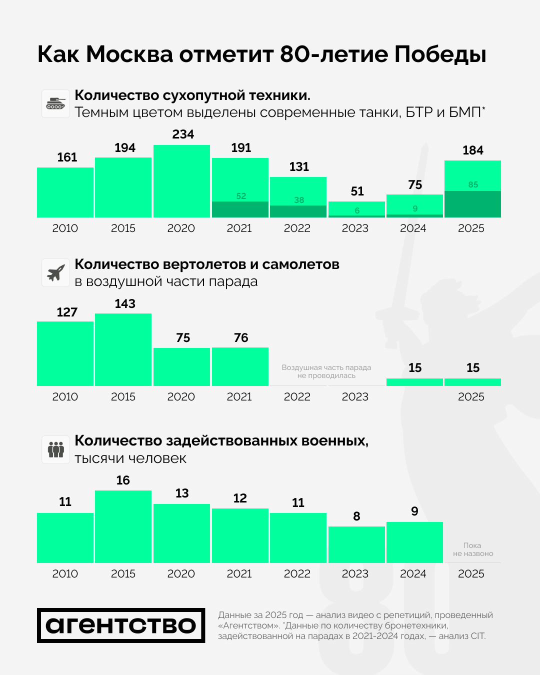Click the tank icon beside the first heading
coord(55,103)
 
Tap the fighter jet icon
coord(55,272)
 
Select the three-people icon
coord(55,449)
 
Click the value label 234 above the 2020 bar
coord(183,134)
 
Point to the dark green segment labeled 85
coord(472,204)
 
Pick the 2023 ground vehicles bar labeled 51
coord(356,209)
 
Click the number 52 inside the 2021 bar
coord(241,196)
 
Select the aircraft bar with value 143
coord(123,349)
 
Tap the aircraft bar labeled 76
coord(240,366)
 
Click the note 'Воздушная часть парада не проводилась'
coord(326,371)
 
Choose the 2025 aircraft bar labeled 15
coord(472,382)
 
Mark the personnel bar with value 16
coord(123,526)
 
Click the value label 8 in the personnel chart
coord(356,516)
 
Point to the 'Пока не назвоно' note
coord(472,549)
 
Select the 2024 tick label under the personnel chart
coord(413,573)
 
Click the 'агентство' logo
coord(121,625)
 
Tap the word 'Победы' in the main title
coord(440,54)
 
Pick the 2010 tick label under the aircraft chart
coord(65,396)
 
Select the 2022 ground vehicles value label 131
coord(299,167)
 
